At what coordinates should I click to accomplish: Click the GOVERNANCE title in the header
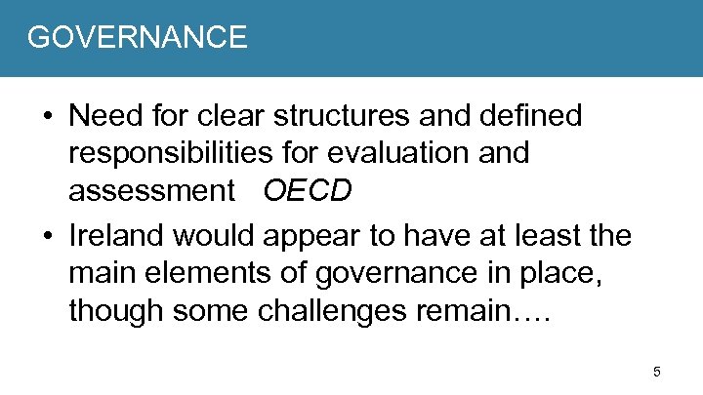[137, 37]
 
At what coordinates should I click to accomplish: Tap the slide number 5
[657, 372]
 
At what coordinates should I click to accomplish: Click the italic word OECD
[307, 191]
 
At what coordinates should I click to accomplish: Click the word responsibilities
[184, 153]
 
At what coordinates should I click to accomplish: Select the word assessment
[145, 191]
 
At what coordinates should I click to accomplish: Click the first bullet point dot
[46, 118]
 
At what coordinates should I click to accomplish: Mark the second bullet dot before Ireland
[46, 237]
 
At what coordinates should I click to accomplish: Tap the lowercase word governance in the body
[383, 273]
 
